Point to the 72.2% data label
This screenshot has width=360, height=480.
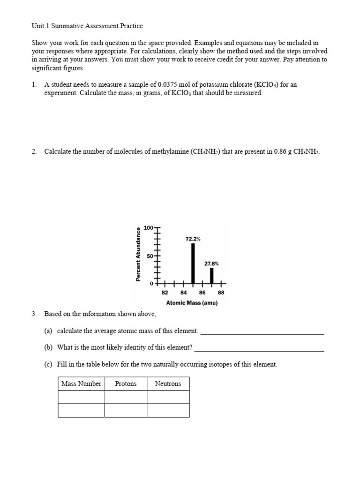[193, 239]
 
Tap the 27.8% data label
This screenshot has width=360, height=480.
[211, 263]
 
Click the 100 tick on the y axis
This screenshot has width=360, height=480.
[148, 228]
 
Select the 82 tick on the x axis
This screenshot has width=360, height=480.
[165, 292]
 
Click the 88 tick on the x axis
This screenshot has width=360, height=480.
[221, 292]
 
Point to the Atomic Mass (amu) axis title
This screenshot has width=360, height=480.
[192, 303]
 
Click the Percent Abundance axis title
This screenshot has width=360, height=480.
[138, 255]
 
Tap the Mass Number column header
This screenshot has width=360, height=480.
[81, 384]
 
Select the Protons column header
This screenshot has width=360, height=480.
[126, 384]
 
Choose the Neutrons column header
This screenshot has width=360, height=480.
[168, 384]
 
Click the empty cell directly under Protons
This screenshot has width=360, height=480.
[126, 397]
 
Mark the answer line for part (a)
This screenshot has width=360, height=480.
[262, 333]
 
